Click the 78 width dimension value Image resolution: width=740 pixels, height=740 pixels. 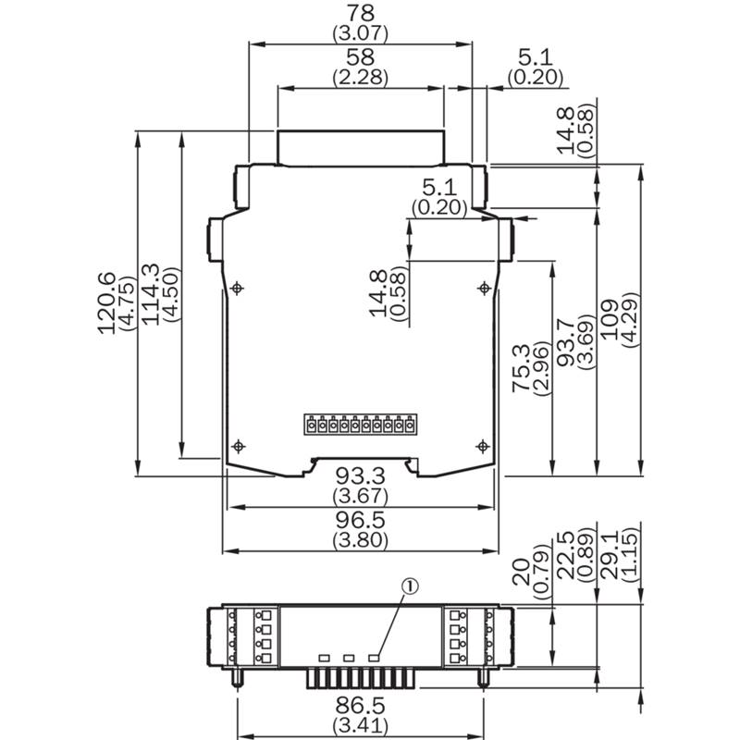(x=360, y=13)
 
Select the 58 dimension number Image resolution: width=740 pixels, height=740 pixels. (x=360, y=56)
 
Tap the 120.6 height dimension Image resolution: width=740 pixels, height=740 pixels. (x=106, y=303)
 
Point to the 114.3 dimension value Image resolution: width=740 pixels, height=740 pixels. (x=151, y=294)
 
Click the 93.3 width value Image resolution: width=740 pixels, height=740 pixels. (x=360, y=476)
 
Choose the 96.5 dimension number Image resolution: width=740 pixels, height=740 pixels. (x=360, y=520)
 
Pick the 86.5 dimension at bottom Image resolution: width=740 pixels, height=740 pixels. (x=360, y=706)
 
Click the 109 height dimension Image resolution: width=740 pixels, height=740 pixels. (x=610, y=319)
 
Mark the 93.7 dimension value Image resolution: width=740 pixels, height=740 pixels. (x=566, y=342)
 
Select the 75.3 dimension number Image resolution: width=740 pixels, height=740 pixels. (x=522, y=368)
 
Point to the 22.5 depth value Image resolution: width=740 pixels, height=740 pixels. (x=566, y=556)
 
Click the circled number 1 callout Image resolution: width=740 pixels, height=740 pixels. (x=410, y=586)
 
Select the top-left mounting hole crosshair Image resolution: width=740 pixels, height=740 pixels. (x=237, y=288)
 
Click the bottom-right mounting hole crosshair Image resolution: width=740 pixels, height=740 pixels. (x=483, y=446)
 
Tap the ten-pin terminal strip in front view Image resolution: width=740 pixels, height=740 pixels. (x=360, y=425)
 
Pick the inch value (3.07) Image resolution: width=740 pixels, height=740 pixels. (x=360, y=33)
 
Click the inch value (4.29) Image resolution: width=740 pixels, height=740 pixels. (x=631, y=320)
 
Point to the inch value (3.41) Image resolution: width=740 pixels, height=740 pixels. (x=360, y=724)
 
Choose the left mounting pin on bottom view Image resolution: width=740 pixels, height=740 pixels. (x=237, y=677)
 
